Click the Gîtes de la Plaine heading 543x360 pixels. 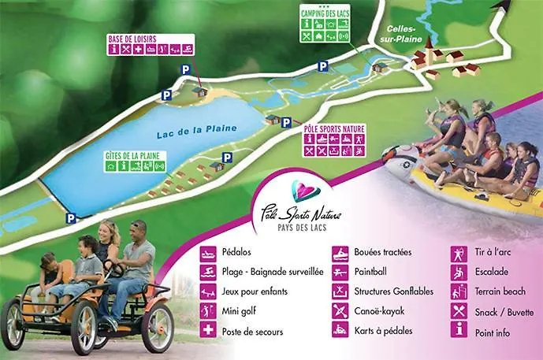(x=131, y=155)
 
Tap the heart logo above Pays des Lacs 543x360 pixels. (x=303, y=191)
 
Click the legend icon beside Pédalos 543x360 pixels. (x=207, y=253)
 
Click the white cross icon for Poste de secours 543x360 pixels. (x=207, y=331)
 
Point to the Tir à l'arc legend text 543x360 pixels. (x=495, y=253)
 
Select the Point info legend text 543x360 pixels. (x=493, y=332)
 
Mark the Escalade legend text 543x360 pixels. (x=492, y=272)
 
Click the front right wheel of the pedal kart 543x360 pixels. (x=157, y=326)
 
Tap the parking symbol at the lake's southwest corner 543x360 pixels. (x=71, y=219)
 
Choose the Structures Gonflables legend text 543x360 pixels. (x=394, y=291)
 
